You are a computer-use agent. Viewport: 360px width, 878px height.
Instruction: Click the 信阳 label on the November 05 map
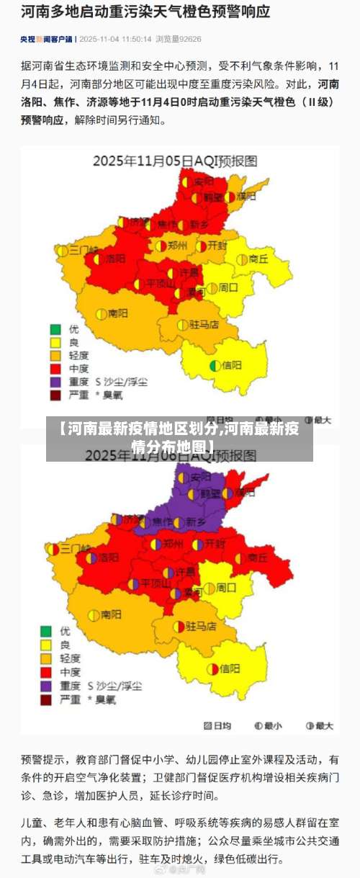tap(232, 365)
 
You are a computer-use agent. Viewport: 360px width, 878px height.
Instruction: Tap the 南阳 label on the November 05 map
tap(118, 314)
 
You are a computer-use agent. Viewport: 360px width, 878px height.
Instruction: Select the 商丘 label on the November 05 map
tap(258, 259)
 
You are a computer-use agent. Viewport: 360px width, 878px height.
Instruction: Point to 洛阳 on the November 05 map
tap(115, 257)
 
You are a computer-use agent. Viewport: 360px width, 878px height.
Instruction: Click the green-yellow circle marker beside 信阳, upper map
tap(215, 365)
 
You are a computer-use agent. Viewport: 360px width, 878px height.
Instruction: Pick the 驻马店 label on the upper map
tap(204, 324)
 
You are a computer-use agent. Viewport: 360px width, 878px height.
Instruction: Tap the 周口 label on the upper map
tap(228, 287)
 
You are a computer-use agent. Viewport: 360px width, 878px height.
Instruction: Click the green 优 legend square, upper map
tap(55, 329)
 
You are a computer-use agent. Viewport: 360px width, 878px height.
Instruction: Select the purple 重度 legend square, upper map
tap(55, 382)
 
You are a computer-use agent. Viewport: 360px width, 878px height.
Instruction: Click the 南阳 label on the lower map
tap(111, 614)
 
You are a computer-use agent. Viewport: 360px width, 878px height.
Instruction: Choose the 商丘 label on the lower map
tap(258, 557)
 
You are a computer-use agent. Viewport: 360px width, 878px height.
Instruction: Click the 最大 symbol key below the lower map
tap(320, 725)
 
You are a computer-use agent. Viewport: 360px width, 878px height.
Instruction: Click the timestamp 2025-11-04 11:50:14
tap(115, 39)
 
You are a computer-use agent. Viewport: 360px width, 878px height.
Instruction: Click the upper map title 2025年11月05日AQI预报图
tap(175, 160)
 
